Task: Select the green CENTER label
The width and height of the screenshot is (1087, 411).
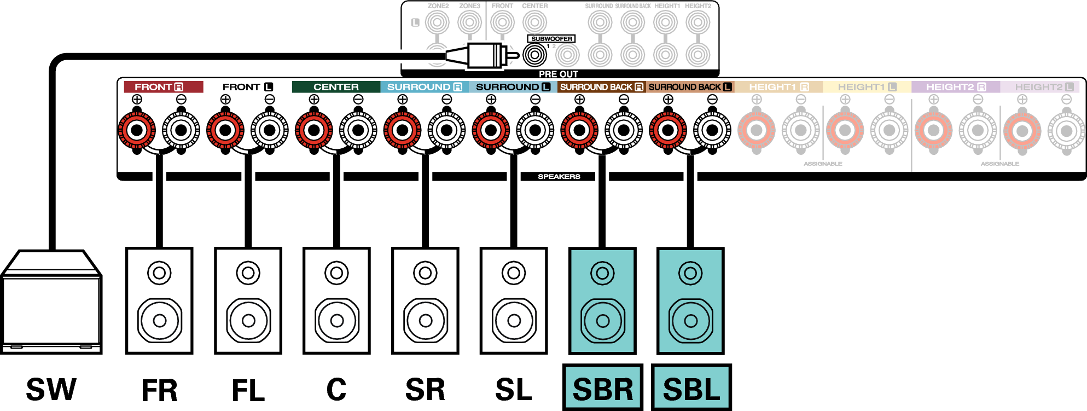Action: [x=336, y=87]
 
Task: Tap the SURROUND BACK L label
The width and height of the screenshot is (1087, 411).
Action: [x=689, y=87]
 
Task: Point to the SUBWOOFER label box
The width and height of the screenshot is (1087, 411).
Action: [x=551, y=39]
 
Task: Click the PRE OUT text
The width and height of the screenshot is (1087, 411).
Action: [x=558, y=74]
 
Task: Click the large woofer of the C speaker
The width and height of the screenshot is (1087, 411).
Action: [x=337, y=321]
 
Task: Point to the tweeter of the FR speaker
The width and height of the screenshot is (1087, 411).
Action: [x=159, y=273]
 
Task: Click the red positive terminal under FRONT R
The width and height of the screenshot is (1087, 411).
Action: [x=137, y=130]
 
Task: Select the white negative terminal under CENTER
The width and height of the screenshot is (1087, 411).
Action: [x=358, y=130]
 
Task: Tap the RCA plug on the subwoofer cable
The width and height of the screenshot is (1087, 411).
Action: [x=481, y=55]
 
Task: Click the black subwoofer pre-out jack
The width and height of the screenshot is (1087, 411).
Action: [x=534, y=55]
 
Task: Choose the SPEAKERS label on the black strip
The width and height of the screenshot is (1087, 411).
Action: [x=559, y=177]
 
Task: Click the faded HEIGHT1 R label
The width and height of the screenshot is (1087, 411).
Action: [x=778, y=87]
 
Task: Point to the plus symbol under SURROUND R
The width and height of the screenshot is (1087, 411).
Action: [x=403, y=99]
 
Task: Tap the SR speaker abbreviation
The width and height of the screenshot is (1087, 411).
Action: [x=425, y=390]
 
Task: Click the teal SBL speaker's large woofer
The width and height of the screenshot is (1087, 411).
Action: [x=691, y=321]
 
